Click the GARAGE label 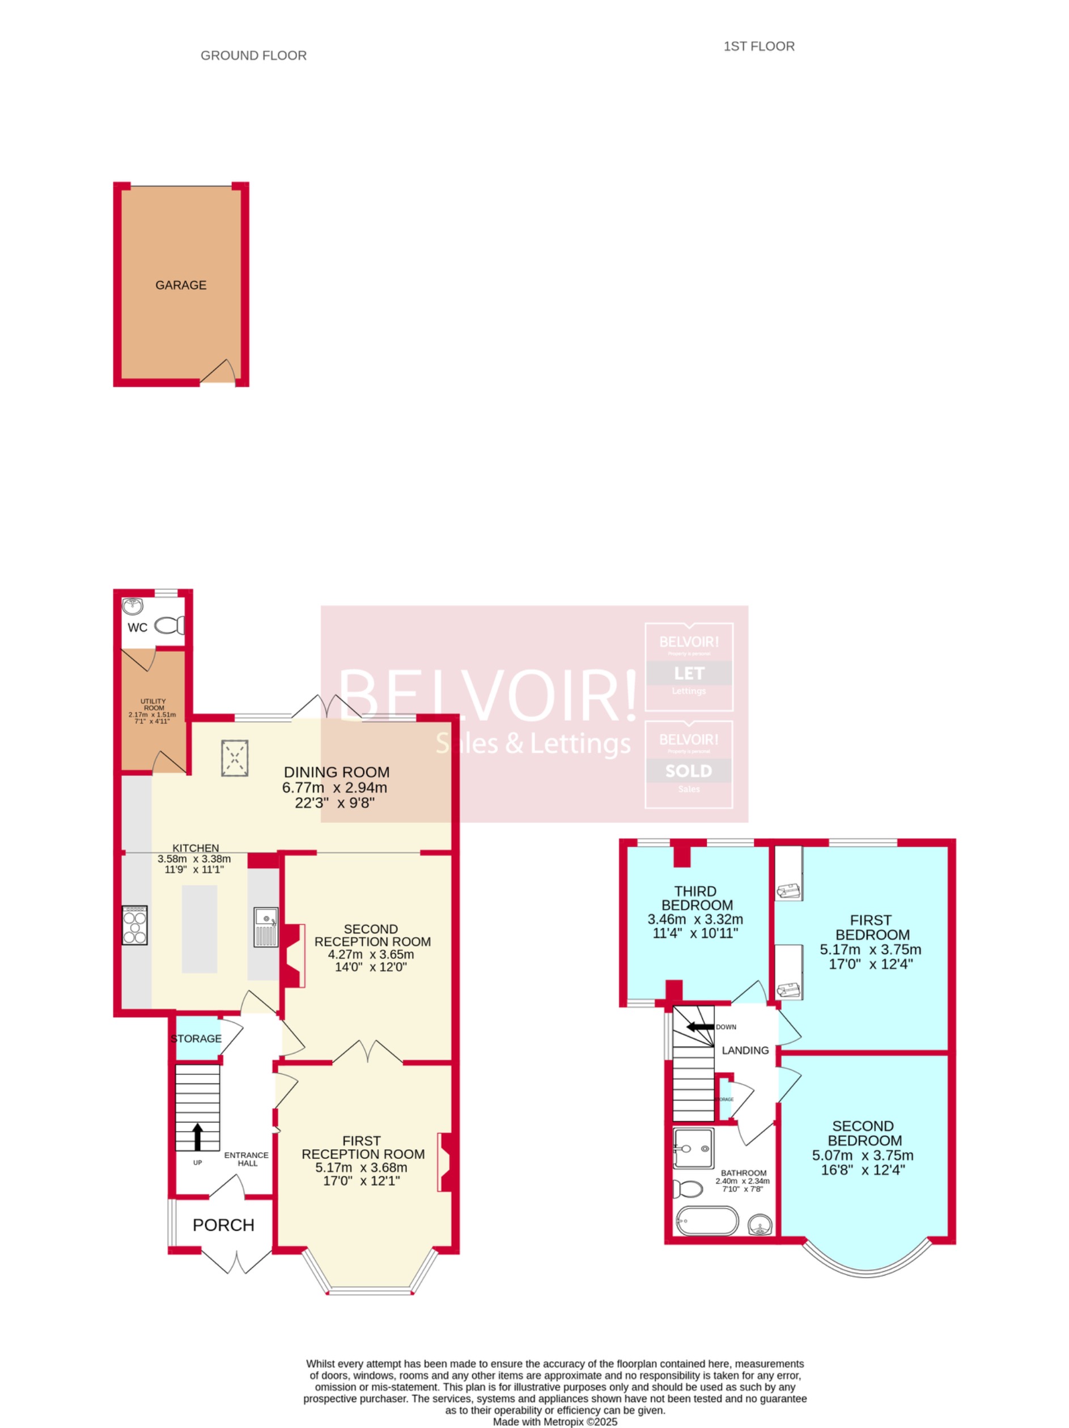[x=181, y=284]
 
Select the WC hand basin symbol [x=133, y=606]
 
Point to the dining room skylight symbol [x=235, y=758]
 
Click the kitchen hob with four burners [x=135, y=925]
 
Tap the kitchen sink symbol [x=265, y=926]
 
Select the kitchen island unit [x=200, y=928]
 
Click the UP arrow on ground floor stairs [x=198, y=1136]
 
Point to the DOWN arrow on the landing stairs [x=699, y=1026]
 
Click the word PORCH [x=223, y=1225]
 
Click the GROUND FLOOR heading [x=253, y=56]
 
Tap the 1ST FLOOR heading [x=758, y=46]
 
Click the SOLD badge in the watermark [x=689, y=771]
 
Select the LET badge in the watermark [x=689, y=673]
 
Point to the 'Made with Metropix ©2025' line [x=555, y=1422]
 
